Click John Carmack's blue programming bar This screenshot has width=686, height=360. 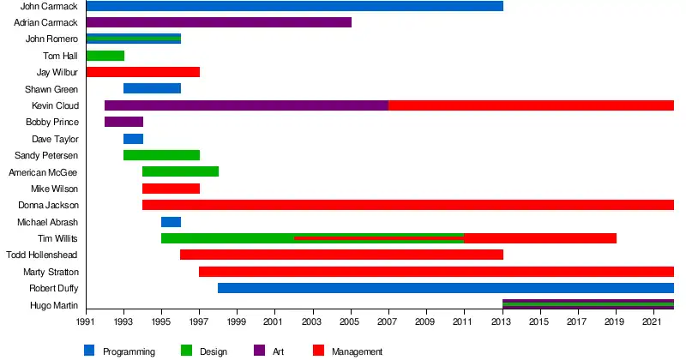[x=294, y=6]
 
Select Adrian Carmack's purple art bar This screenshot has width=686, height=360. [x=219, y=22]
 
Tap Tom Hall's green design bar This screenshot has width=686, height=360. [x=105, y=56]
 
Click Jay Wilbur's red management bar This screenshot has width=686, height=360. [x=142, y=72]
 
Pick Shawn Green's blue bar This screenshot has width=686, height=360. [x=152, y=88]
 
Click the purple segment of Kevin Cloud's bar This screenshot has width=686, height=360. [x=246, y=105]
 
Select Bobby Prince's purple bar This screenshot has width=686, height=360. [x=123, y=122]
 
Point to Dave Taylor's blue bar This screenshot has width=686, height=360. [x=133, y=139]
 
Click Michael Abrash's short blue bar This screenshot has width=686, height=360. [x=171, y=222]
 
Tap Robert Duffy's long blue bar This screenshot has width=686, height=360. [x=446, y=288]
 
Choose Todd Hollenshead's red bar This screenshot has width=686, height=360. [x=341, y=255]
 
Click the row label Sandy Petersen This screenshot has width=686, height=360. [x=46, y=155]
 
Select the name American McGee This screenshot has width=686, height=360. [x=43, y=172]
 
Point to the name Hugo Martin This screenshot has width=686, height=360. [x=54, y=305]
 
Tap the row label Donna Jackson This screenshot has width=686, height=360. [x=48, y=205]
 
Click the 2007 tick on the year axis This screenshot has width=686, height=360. [x=388, y=321]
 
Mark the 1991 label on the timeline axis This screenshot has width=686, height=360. [x=86, y=321]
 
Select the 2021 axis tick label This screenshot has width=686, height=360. [x=653, y=321]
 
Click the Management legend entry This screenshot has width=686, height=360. [x=357, y=351]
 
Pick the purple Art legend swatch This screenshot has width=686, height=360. [x=259, y=351]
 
